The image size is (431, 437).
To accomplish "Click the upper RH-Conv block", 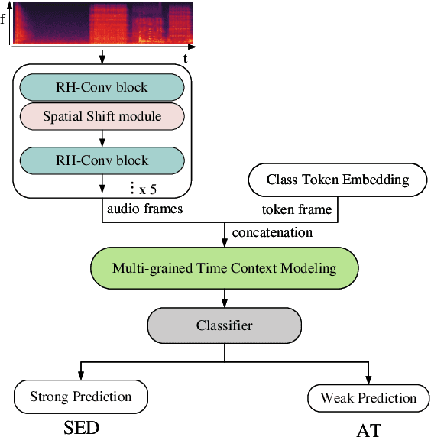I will pos(102,88).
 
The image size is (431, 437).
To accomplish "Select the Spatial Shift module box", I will pos(102,115).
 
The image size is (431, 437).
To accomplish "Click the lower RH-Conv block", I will pos(102,160).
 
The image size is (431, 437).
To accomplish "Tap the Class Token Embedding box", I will pos(337,180).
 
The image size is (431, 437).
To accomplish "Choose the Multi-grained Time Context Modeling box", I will pos(224,269).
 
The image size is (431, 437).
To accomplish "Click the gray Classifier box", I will pos(224,325).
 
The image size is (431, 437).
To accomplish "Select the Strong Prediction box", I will pos(80,397).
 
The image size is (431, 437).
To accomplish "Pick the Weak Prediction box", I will pos(368,398).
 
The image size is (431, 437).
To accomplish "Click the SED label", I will pos(81,427).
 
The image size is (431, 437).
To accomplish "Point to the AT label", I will pos(368,429).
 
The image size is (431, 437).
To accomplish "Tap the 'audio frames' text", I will pos(144,208).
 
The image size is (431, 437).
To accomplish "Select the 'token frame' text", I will pos(296,209).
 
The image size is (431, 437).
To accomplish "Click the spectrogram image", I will pos(102,24).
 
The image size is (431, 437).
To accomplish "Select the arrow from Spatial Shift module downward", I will pos(102,138).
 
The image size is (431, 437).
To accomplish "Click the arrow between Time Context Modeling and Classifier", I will pos(224,296).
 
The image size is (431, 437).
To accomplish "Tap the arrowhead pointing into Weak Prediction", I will pos(368,381).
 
